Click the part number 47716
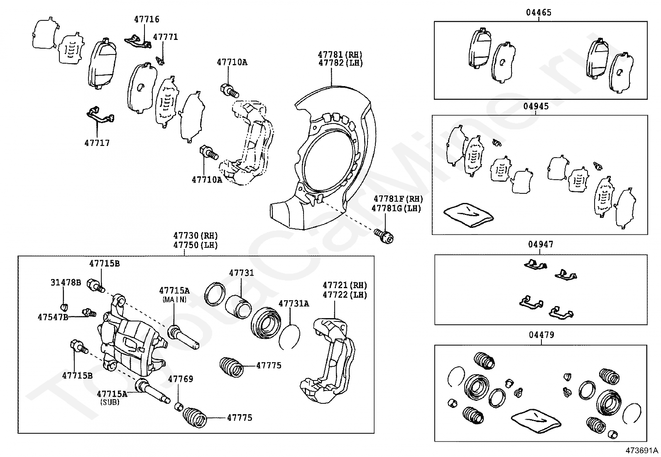[x=147, y=19]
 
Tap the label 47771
[x=165, y=37]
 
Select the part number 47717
[x=97, y=143]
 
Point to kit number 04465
[x=539, y=12]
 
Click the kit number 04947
[x=541, y=244]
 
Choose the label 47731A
[x=294, y=304]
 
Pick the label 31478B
[x=66, y=283]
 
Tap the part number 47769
[x=181, y=379]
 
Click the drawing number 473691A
[x=642, y=450]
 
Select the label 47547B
[x=53, y=317]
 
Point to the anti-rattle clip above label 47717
[x=100, y=116]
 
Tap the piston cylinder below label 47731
[x=238, y=306]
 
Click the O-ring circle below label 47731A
[x=289, y=337]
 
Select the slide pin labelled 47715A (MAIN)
[x=183, y=337]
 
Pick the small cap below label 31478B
[x=64, y=307]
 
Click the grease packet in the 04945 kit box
[x=468, y=215]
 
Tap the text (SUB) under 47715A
[x=110, y=402]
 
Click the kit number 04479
[x=541, y=335]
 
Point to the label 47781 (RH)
[x=340, y=55]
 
